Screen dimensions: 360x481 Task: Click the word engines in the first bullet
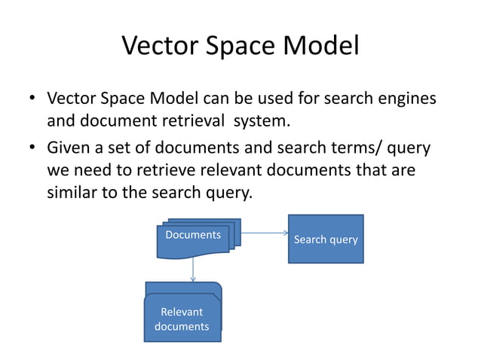click(x=405, y=99)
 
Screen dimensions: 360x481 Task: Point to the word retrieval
click(x=198, y=121)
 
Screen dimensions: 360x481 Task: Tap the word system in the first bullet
click(x=263, y=121)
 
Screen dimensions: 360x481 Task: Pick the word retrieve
click(x=152, y=171)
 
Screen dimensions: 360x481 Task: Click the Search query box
click(x=326, y=239)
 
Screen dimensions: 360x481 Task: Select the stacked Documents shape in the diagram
click(x=195, y=239)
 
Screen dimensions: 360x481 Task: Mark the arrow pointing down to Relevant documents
click(x=193, y=270)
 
